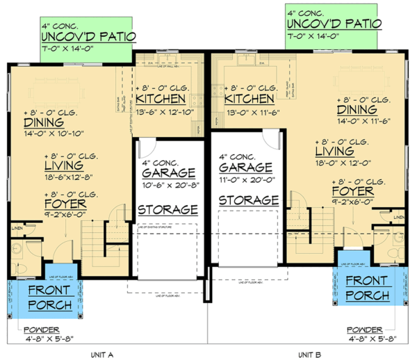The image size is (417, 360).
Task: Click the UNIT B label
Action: click(x=310, y=353)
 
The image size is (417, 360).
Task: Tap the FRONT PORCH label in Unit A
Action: click(x=43, y=297)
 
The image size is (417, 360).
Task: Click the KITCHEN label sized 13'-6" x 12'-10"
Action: click(x=165, y=101)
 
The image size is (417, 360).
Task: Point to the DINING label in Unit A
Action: click(x=30, y=122)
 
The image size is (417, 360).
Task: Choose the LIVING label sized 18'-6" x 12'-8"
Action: click(x=64, y=166)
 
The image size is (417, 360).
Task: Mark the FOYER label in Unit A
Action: click(x=66, y=204)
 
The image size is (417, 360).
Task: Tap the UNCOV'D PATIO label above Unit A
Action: click(x=88, y=36)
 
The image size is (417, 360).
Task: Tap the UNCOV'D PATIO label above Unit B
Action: click(x=334, y=23)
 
